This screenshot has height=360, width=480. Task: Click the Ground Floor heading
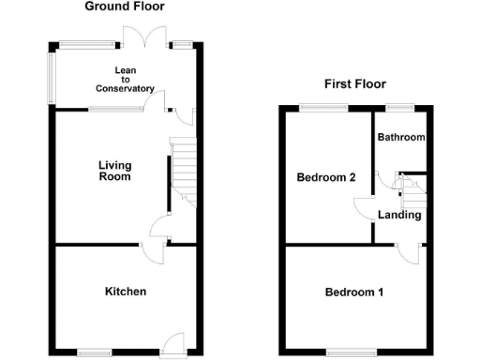(x=125, y=7)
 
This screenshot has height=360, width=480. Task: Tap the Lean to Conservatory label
(x=125, y=80)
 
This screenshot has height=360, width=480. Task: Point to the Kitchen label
(x=125, y=292)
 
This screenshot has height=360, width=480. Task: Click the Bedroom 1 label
(x=353, y=292)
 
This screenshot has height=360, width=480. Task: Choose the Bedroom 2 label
(x=325, y=177)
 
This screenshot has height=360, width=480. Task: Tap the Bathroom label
(x=401, y=137)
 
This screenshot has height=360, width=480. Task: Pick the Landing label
(x=399, y=216)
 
